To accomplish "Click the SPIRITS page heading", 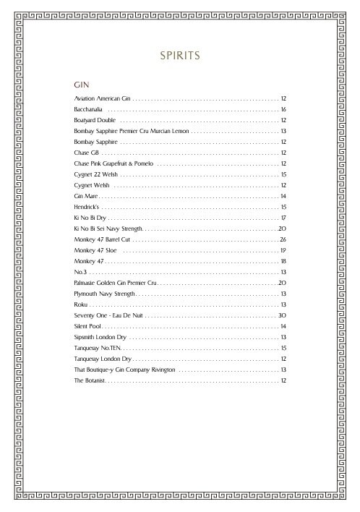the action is (x=179, y=55).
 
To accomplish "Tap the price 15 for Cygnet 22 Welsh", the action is (x=284, y=174).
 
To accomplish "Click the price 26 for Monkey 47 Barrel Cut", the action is (x=284, y=239).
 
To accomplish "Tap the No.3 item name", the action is (x=80, y=271).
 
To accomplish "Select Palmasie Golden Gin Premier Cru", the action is (x=115, y=282).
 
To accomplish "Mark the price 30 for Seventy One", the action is (x=283, y=315).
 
